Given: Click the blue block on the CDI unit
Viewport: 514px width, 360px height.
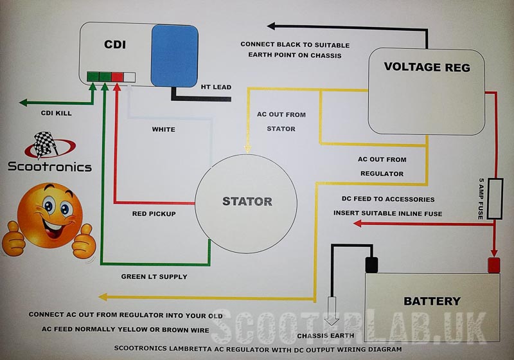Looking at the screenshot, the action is coord(174,56).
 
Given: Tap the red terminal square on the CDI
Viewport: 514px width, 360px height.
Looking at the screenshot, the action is coord(117,77).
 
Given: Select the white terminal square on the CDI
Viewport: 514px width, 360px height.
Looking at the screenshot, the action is coord(129,77).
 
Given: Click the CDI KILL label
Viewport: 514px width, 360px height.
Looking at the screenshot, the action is coord(56,113).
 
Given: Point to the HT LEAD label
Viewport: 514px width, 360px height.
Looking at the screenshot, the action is coord(216,87).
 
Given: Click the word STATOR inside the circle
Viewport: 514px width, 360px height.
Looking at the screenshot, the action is coord(247,201).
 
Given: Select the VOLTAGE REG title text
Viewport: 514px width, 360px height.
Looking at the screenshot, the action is coord(427,67).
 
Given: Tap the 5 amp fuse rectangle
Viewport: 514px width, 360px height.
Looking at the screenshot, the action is coord(495,199).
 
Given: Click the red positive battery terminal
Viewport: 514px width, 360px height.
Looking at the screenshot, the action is coord(494,265).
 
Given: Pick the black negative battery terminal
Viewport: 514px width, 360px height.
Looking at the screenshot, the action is coord(371,265).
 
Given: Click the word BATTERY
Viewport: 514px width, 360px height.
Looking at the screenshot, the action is coord(432,301).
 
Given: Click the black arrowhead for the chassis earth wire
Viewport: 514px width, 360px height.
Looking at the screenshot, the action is coord(271,26).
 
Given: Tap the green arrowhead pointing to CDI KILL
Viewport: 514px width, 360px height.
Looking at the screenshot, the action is coord(23,103).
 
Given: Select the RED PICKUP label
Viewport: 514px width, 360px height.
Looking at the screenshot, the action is coord(154,214).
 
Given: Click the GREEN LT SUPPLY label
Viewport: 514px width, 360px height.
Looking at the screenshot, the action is coord(154,276).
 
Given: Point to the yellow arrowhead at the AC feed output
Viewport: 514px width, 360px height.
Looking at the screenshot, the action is coord(103,297).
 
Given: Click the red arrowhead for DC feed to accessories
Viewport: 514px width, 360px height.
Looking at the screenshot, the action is coord(357,224).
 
